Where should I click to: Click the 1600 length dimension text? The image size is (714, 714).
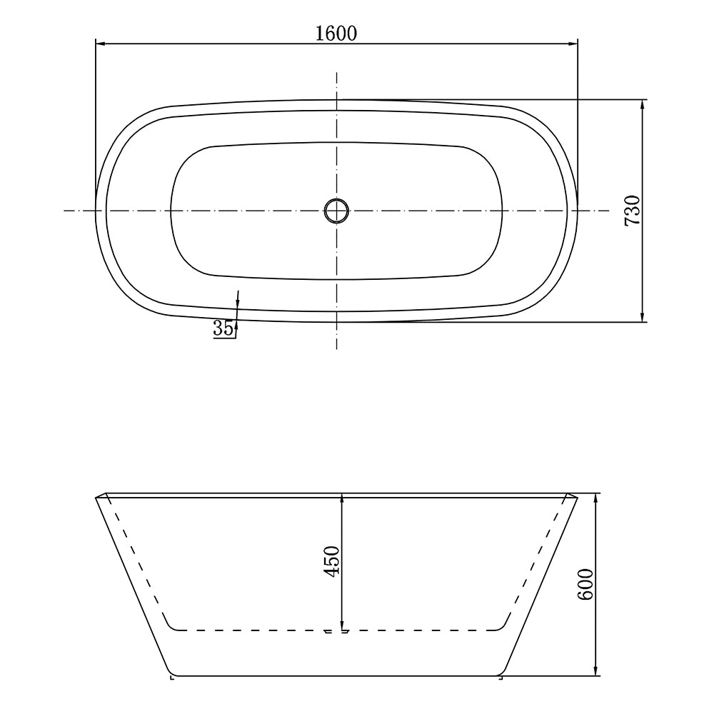[336, 33]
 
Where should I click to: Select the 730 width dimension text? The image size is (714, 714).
[632, 211]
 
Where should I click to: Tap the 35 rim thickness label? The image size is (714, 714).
[222, 328]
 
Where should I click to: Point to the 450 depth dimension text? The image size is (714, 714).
[332, 562]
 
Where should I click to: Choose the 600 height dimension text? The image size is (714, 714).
[585, 585]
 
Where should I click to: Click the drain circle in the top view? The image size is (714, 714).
[336, 211]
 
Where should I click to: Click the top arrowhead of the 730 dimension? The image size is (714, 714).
[643, 104]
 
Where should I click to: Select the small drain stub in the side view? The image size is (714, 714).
[336, 631]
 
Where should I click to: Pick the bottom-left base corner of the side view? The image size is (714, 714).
[171, 674]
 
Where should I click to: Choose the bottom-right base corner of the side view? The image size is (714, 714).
[501, 674]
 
